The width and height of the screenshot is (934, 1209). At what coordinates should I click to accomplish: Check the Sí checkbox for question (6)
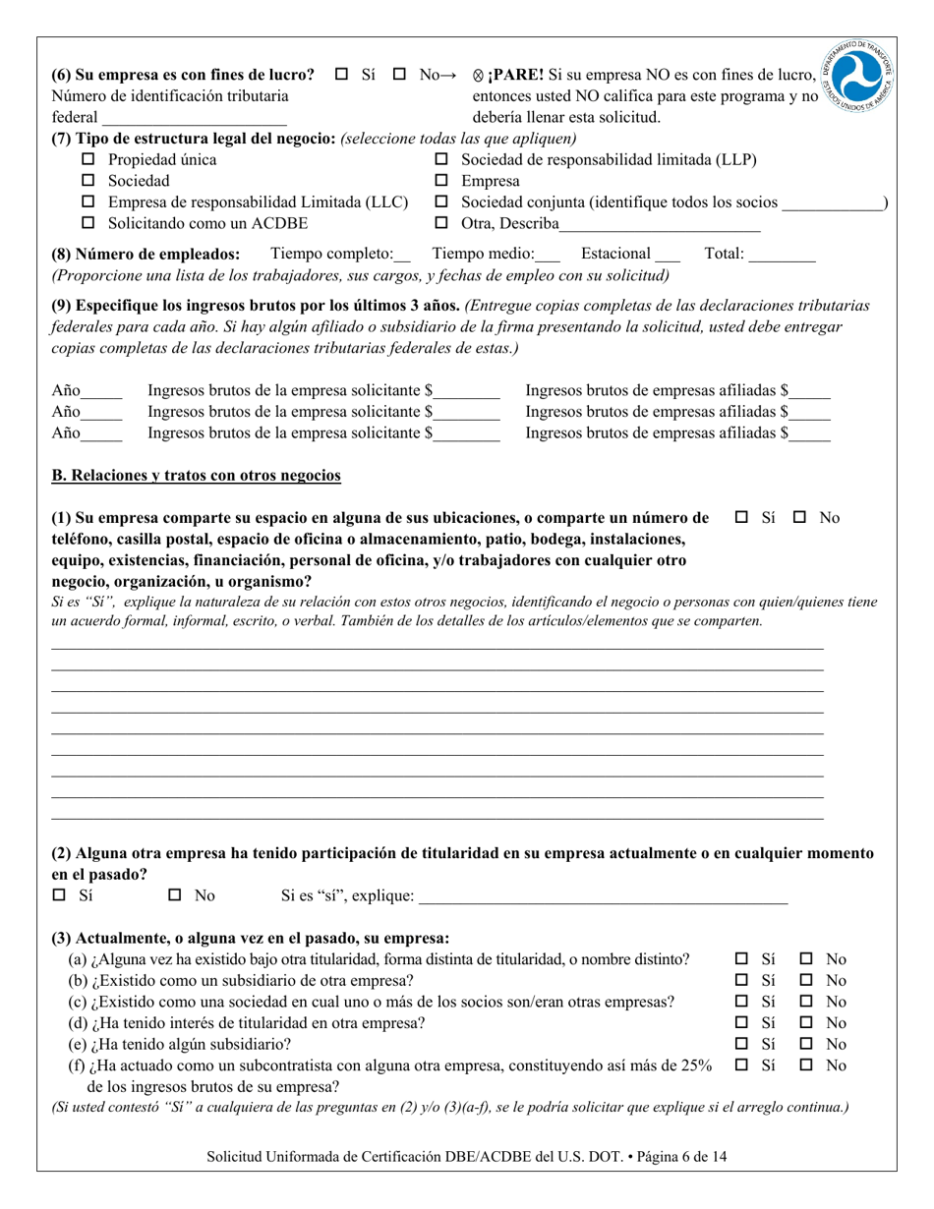point(342,75)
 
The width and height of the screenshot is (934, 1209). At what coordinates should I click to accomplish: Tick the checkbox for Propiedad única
point(88,159)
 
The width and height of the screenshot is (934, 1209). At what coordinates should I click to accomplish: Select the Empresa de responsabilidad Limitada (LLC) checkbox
point(88,202)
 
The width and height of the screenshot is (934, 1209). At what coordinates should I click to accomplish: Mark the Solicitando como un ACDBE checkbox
point(88,224)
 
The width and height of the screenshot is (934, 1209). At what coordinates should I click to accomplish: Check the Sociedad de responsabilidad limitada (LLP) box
point(441,159)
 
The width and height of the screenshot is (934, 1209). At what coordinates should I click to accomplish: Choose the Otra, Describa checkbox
point(441,224)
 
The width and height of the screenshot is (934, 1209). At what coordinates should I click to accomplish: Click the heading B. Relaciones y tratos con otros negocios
point(196,476)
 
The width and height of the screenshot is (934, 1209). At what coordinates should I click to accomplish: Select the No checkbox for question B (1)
point(799,517)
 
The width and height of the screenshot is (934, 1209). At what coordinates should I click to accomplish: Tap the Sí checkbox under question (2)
point(59,895)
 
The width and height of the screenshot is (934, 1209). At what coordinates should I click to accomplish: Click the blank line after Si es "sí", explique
point(603,896)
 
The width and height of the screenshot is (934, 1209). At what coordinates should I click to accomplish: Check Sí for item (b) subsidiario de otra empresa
point(742,980)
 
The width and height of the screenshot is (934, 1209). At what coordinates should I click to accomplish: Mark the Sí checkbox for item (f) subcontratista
point(742,1065)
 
